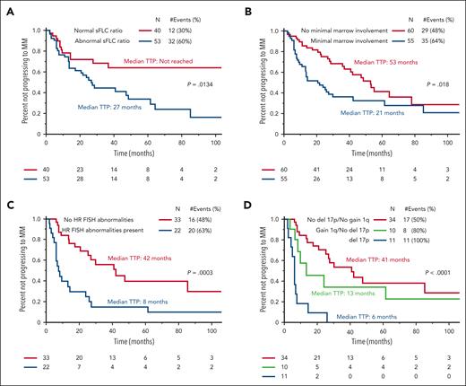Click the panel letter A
8,9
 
